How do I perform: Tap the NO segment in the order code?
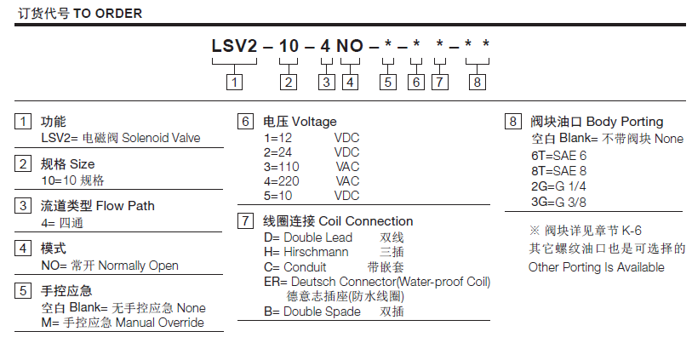pos(351,46)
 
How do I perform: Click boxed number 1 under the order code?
pos(234,83)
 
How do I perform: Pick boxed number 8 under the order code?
pos(478,83)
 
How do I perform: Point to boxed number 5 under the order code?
pos(388,83)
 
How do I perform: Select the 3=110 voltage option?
pos(278,166)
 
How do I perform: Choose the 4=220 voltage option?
pos(278,180)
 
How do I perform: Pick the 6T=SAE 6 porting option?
pos(559,155)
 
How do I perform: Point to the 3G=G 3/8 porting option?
pos(559,201)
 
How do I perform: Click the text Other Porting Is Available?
pos(597,266)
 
